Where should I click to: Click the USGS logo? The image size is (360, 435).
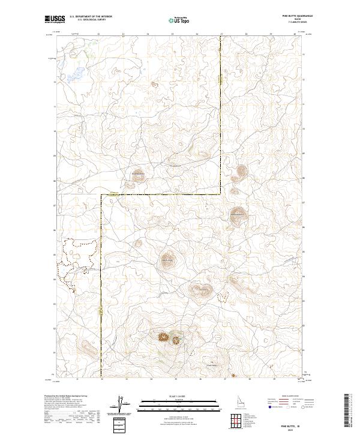(55, 19)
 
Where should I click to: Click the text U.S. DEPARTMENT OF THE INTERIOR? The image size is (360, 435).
(91, 17)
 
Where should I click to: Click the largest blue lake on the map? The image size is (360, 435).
(76, 76)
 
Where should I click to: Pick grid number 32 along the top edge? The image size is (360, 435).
(98, 34)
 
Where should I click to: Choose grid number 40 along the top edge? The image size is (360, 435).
(295, 34)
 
